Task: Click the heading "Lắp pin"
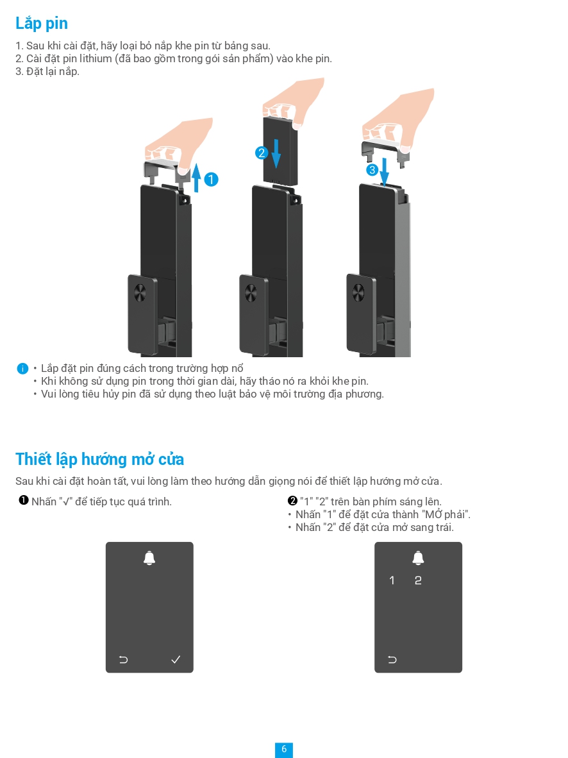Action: [42, 24]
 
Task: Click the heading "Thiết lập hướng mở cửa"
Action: [99, 459]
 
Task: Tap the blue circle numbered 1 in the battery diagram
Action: [211, 180]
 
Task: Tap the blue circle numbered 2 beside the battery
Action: [261, 153]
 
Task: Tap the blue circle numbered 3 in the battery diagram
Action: [372, 170]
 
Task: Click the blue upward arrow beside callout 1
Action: [196, 177]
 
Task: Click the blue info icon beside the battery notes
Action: [22, 369]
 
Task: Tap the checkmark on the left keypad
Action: [176, 659]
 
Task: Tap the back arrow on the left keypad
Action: [123, 659]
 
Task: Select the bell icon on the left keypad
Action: [149, 558]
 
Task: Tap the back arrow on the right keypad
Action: [392, 659]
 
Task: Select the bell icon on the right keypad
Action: [418, 558]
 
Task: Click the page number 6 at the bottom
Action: [284, 749]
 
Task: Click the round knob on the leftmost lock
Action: [140, 293]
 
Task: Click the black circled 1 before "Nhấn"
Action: [24, 501]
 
